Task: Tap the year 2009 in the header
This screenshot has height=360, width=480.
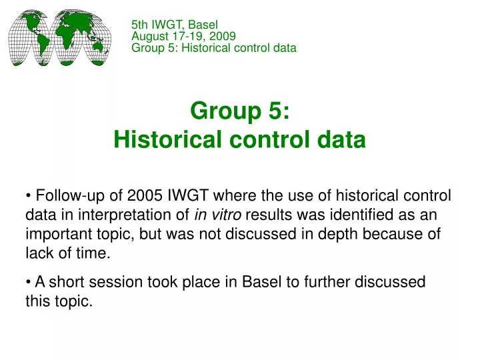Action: [x=223, y=37]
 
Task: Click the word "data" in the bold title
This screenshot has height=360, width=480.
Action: [x=343, y=140]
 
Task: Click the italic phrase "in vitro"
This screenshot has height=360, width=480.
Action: [x=218, y=215]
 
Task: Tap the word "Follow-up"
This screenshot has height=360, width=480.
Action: [x=67, y=195]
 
